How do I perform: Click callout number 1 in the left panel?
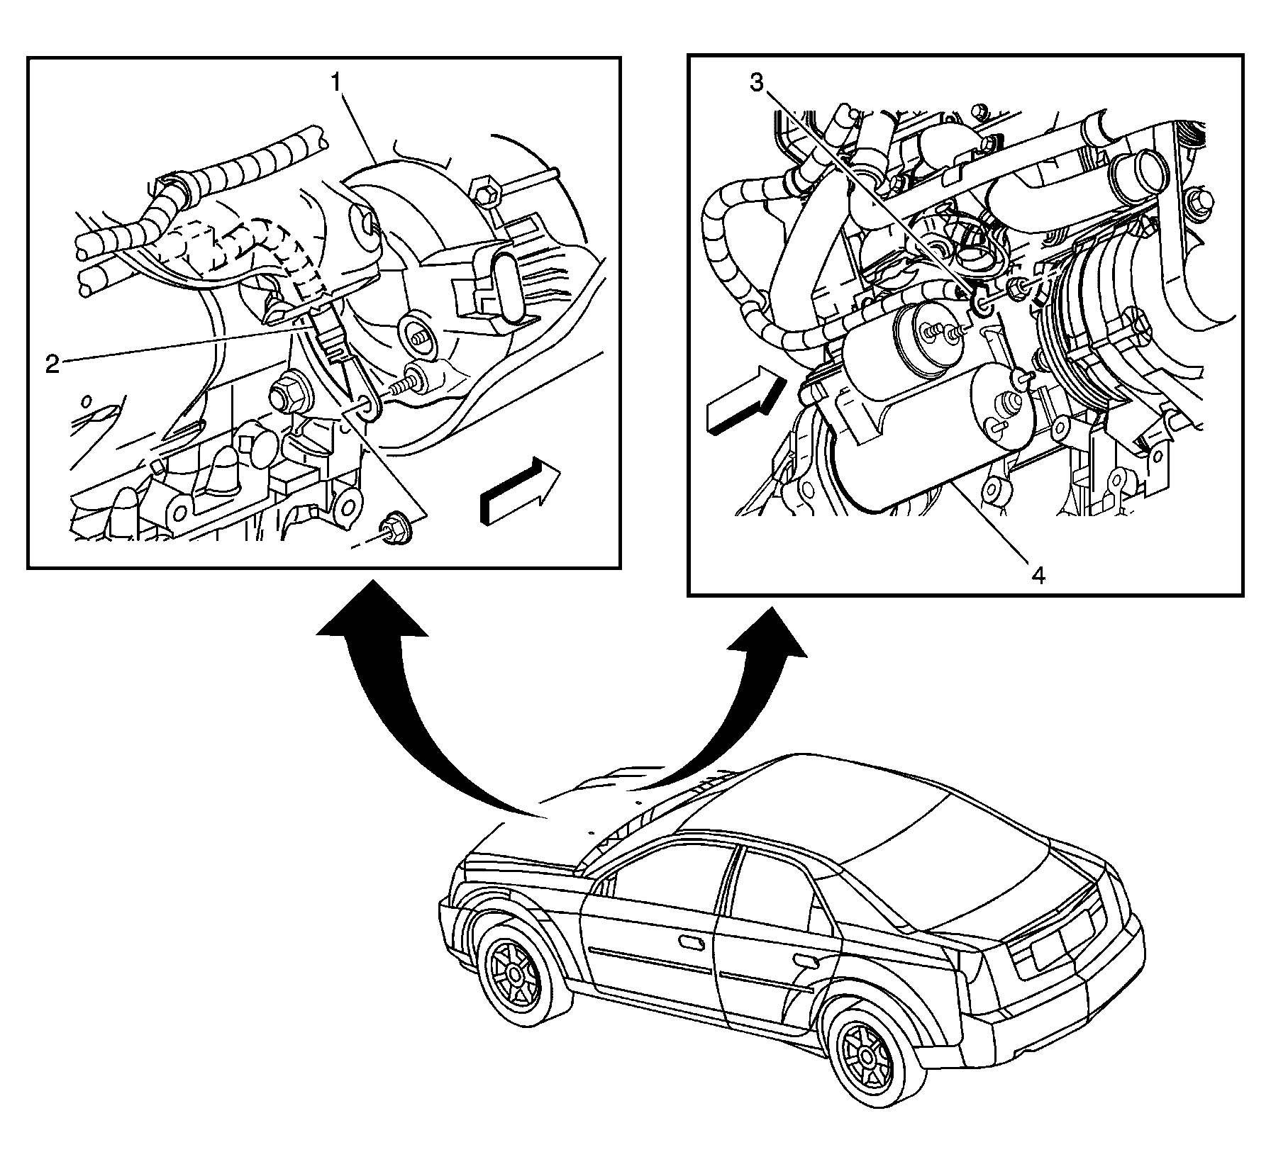click(338, 84)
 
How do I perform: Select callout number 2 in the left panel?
click(52, 364)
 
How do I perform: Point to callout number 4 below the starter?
click(1038, 576)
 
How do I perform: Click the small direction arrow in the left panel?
click(520, 491)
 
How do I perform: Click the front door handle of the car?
click(689, 942)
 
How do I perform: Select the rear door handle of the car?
click(806, 962)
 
